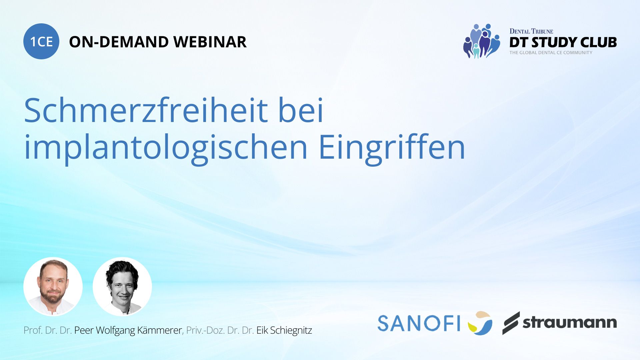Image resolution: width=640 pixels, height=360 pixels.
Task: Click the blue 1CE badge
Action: point(41,41)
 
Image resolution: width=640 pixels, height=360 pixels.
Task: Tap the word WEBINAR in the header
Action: point(210,42)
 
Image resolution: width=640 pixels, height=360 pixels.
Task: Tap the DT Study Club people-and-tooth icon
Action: point(482,41)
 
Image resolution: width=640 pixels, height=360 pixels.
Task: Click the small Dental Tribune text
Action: point(531,31)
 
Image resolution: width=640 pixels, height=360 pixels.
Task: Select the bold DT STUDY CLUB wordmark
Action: point(563,42)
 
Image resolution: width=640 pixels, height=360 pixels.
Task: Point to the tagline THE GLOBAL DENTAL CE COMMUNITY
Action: point(551,53)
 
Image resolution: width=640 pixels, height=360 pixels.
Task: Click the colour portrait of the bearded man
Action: point(53,287)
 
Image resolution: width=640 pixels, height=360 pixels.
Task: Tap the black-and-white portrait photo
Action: point(122,287)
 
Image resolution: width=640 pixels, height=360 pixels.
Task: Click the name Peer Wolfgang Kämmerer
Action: point(128,330)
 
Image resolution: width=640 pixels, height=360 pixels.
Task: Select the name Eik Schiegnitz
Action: point(284,330)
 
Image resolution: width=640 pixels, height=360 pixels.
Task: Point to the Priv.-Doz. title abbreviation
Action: point(205,330)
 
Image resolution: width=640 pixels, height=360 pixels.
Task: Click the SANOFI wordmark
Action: point(419,323)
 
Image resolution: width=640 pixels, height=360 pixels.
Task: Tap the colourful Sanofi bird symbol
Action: point(480,323)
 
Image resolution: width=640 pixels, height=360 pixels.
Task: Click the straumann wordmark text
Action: point(570,322)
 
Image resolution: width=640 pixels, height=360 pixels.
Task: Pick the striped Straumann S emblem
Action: point(511,323)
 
